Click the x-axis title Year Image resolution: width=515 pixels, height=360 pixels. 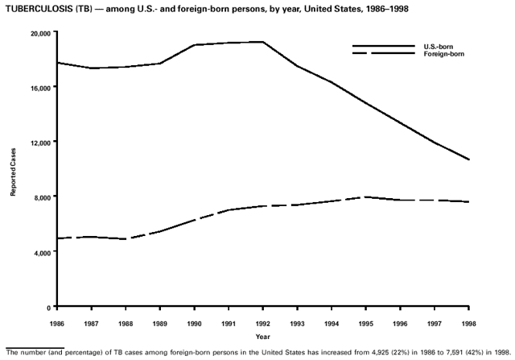click(263, 336)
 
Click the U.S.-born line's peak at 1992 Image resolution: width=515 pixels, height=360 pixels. click(263, 42)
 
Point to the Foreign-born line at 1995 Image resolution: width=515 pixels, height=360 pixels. click(366, 197)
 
